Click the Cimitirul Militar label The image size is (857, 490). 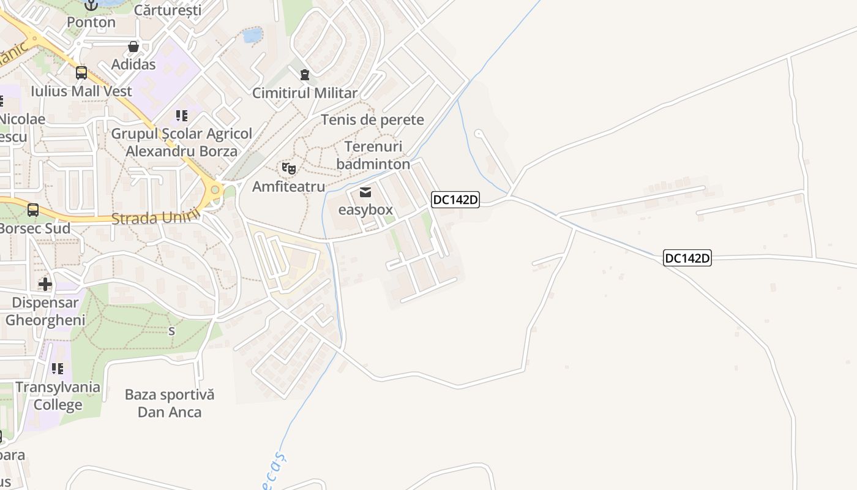(x=305, y=93)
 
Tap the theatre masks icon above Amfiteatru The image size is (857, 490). (x=289, y=168)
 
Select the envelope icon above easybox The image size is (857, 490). (x=365, y=192)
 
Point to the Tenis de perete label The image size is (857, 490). (x=372, y=119)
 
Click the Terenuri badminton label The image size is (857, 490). (x=373, y=156)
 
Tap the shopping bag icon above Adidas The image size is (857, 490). (x=133, y=47)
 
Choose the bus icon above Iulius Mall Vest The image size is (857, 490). (x=81, y=73)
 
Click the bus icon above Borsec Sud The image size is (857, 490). (x=33, y=210)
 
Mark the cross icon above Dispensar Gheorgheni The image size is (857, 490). (x=45, y=284)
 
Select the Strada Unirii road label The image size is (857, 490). (x=156, y=217)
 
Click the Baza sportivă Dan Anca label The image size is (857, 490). (x=170, y=403)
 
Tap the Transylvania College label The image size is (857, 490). (x=58, y=396)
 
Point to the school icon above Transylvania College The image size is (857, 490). (x=58, y=369)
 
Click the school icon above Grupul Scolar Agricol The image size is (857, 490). (x=182, y=115)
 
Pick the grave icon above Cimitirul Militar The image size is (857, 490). (x=305, y=75)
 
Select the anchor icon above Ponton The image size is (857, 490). (x=91, y=5)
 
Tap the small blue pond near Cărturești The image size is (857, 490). (x=252, y=35)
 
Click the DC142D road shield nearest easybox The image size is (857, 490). (x=455, y=200)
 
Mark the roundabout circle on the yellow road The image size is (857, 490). (x=215, y=190)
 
